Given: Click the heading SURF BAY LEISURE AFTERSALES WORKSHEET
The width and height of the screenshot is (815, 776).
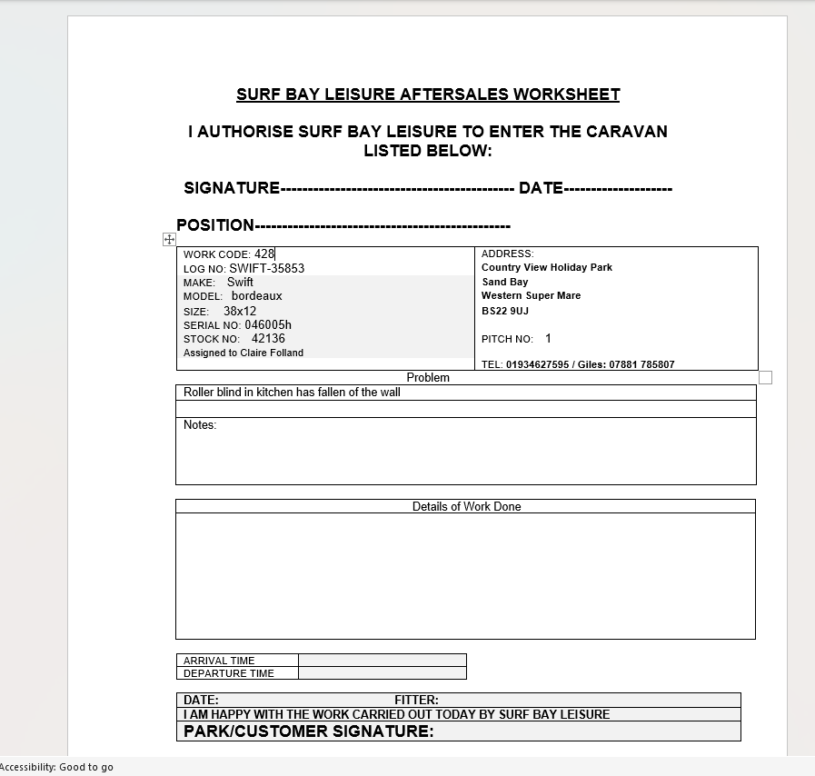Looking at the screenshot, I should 428,95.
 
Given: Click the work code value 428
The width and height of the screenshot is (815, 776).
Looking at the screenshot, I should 264,254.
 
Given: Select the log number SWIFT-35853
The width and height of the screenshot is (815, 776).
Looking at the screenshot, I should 266,269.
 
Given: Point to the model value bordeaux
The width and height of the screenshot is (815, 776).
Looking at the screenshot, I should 256,296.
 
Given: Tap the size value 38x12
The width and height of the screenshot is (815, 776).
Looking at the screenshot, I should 240,311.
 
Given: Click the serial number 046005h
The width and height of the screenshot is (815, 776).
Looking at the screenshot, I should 268,324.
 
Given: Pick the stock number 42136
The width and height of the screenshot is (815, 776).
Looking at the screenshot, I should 268,339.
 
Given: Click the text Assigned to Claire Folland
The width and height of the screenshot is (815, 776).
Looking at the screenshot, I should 244,353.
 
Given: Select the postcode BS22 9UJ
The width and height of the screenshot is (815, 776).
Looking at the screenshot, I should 505,311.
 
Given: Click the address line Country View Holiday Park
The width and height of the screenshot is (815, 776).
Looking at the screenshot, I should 546,267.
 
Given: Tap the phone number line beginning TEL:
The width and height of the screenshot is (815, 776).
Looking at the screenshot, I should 578,364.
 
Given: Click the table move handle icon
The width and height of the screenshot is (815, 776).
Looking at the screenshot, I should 169,239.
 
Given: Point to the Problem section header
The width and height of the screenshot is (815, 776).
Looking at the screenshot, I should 428,377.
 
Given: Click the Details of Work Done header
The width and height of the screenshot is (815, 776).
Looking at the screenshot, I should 466,506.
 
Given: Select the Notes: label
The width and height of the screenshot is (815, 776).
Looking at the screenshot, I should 200,424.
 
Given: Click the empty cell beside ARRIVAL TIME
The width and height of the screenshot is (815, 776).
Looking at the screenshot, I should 382,661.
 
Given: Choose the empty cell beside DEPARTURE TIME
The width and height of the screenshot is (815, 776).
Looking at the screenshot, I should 382,673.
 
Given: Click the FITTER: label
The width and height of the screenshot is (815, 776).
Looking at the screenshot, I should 416,700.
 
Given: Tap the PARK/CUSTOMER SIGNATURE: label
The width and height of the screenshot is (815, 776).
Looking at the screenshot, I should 309,731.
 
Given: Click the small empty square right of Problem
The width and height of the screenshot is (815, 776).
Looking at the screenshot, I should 765,377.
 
